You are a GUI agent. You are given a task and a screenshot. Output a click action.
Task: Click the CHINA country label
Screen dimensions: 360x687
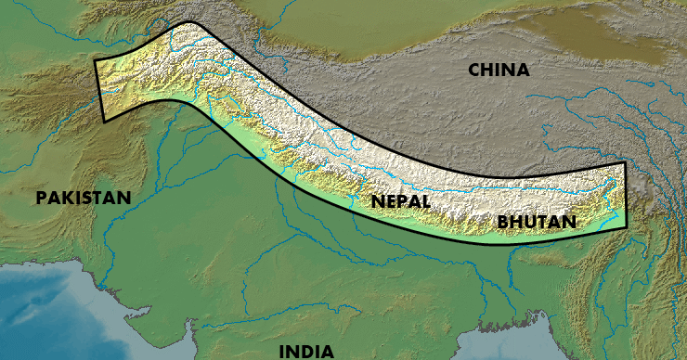pyautogui.click(x=499, y=70)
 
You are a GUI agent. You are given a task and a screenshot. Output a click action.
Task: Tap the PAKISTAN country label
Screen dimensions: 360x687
pyautogui.click(x=84, y=198)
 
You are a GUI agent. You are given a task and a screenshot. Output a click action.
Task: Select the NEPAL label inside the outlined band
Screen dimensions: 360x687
pyautogui.click(x=399, y=200)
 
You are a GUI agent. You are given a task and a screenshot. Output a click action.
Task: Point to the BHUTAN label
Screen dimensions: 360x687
pyautogui.click(x=537, y=222)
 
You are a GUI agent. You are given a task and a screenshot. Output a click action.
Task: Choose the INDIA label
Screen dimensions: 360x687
pyautogui.click(x=306, y=351)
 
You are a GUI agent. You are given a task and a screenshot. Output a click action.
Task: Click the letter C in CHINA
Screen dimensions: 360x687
pyautogui.click(x=474, y=70)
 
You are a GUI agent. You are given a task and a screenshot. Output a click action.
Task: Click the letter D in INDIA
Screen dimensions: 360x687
pyautogui.click(x=309, y=351)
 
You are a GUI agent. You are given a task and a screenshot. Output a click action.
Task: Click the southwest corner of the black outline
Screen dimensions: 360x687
pyautogui.click(x=101, y=121)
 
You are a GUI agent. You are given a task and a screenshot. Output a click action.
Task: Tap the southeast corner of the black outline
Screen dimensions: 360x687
pyautogui.click(x=628, y=230)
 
